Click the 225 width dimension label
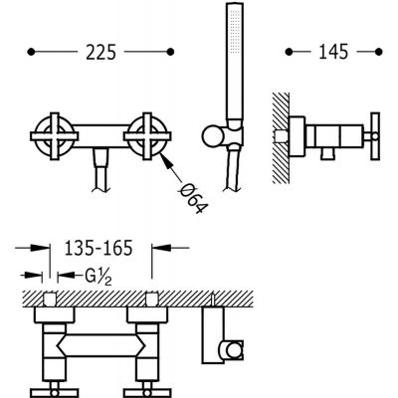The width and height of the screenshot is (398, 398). pyautogui.click(x=100, y=53)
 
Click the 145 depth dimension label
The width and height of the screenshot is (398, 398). pyautogui.click(x=333, y=53)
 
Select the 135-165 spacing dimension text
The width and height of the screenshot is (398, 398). pyautogui.click(x=99, y=248)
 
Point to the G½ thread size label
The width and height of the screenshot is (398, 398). pyautogui.click(x=98, y=277)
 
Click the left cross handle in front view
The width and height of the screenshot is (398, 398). pyautogui.click(x=55, y=136)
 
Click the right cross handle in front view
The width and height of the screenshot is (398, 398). pyautogui.click(x=147, y=136)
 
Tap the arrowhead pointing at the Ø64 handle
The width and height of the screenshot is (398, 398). pyautogui.click(x=166, y=160)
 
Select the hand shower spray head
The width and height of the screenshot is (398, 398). pyautogui.click(x=235, y=62)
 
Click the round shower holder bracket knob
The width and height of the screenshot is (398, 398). pyautogui.click(x=212, y=136)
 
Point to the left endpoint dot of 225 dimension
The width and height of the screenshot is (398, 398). pyautogui.click(x=31, y=52)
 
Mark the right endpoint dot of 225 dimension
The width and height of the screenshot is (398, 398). pyautogui.click(x=171, y=52)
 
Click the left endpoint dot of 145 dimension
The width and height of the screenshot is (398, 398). pyautogui.click(x=289, y=52)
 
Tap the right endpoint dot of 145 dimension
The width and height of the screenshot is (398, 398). pyautogui.click(x=379, y=52)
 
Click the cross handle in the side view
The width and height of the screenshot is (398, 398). pyautogui.click(x=375, y=136)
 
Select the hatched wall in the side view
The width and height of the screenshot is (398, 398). pyautogui.click(x=281, y=137)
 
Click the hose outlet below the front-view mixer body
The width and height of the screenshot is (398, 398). pyautogui.click(x=100, y=170)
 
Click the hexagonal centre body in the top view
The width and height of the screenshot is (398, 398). pyautogui.click(x=100, y=345)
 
